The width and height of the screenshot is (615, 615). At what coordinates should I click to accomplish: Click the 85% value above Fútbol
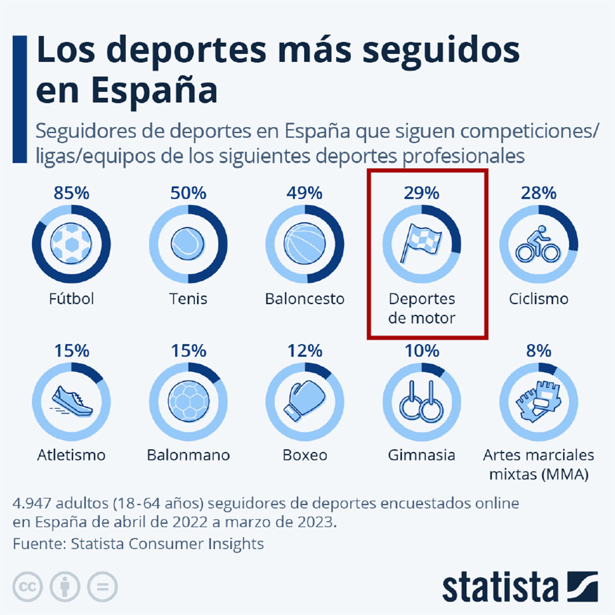pyautogui.click(x=71, y=193)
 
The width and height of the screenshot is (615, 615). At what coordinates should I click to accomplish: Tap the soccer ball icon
pyautogui.click(x=71, y=244)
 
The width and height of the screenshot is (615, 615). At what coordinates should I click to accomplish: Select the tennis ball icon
pyautogui.click(x=188, y=244)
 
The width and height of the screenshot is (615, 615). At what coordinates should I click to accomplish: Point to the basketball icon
pyautogui.click(x=305, y=244)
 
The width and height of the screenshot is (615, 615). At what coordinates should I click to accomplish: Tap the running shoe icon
pyautogui.click(x=72, y=402)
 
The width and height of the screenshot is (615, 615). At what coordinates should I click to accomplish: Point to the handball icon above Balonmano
pyautogui.click(x=188, y=402)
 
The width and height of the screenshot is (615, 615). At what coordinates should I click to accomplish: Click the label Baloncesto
pyautogui.click(x=305, y=299)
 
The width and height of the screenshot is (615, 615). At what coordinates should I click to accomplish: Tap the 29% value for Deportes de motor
pyautogui.click(x=421, y=193)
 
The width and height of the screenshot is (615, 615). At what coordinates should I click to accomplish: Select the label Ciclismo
pyautogui.click(x=538, y=299)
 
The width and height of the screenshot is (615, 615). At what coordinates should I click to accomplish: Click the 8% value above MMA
pyautogui.click(x=538, y=351)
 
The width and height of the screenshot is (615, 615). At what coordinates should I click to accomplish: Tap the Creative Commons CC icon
pyautogui.click(x=28, y=587)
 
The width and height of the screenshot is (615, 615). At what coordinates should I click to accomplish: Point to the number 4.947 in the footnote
pyautogui.click(x=32, y=503)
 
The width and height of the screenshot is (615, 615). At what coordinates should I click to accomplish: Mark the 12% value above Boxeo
pyautogui.click(x=305, y=351)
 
